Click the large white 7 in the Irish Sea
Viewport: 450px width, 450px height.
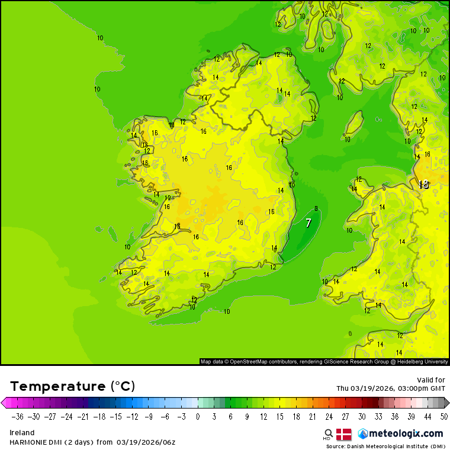[x=308, y=223]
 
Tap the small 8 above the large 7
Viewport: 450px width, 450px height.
[x=316, y=208]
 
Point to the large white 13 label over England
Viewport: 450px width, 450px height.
[x=423, y=185]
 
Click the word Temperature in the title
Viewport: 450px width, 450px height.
[x=58, y=386]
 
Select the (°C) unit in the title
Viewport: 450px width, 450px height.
[x=123, y=386]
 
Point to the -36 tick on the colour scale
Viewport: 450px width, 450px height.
[x=18, y=416]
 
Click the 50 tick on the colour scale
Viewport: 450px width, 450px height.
[x=444, y=416]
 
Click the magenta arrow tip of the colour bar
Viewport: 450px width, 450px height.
[x=4, y=403]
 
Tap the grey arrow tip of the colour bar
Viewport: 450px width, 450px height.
[x=446, y=403]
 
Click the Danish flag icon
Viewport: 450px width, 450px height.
[x=344, y=434]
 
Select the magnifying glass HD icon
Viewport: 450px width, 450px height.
[x=328, y=434]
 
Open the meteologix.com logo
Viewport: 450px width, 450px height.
[x=400, y=433]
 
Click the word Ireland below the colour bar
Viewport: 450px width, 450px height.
[x=22, y=433]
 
